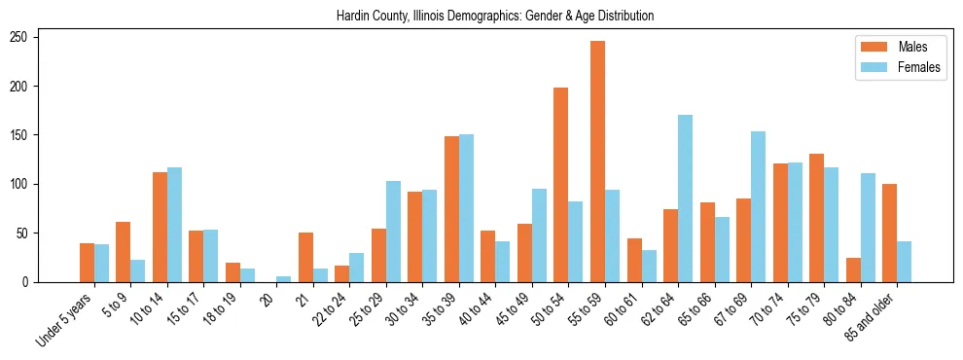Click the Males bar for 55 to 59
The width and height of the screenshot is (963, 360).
pyautogui.click(x=597, y=162)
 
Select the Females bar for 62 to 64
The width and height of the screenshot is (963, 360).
pyautogui.click(x=685, y=198)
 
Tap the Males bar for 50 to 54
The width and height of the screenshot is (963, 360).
pyautogui.click(x=561, y=185)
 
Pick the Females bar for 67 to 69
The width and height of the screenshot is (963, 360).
pyautogui.click(x=758, y=206)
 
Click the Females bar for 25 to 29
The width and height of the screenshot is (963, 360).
pyautogui.click(x=393, y=232)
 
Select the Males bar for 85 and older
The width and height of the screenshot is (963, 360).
pyautogui.click(x=889, y=233)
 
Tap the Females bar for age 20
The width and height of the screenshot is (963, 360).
pyautogui.click(x=284, y=279)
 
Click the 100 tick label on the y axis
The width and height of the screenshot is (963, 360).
pyautogui.click(x=26, y=184)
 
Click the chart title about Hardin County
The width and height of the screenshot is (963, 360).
pyautogui.click(x=494, y=16)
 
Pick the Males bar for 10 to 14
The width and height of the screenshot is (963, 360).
pyautogui.click(x=160, y=227)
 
